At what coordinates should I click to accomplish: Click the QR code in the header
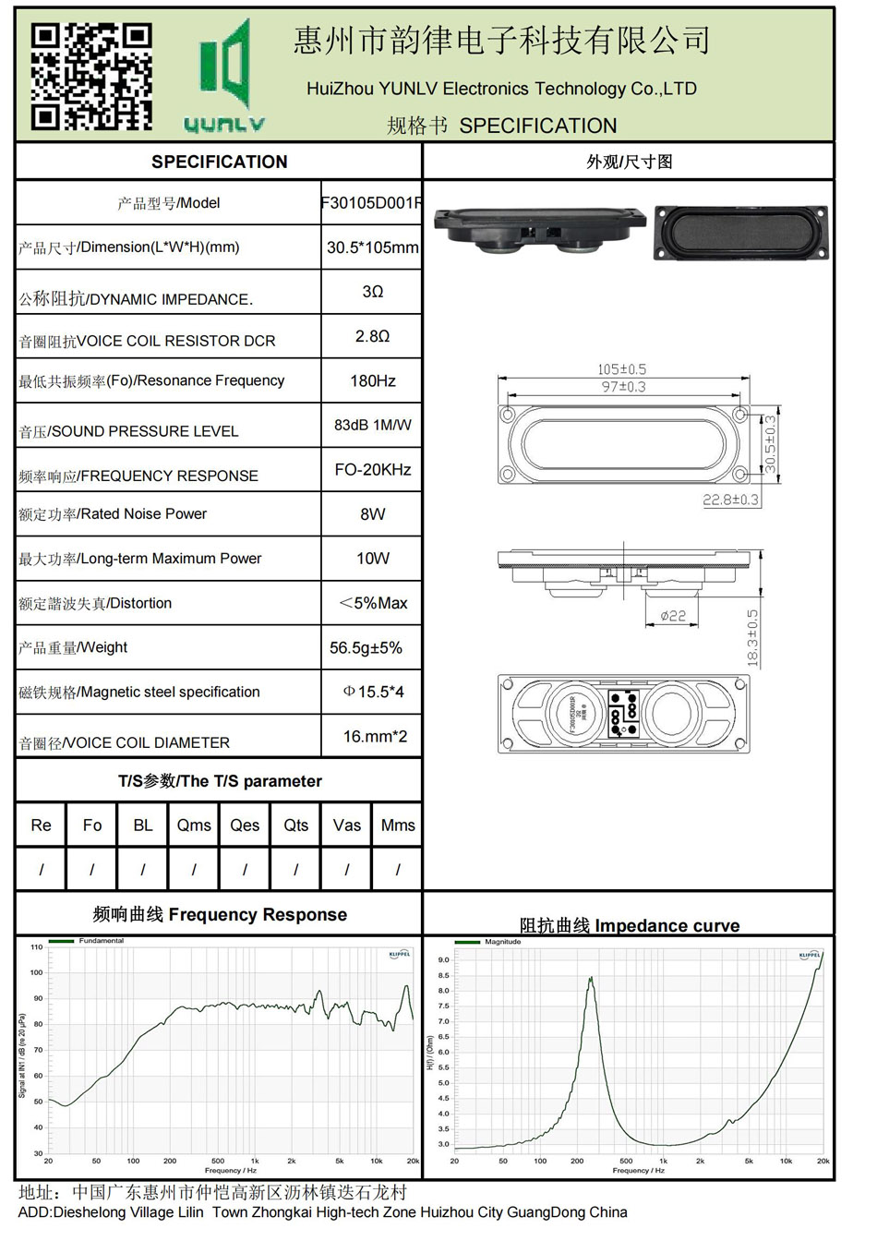(91, 76)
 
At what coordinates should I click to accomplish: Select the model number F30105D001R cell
(371, 203)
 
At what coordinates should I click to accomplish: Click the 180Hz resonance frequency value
(372, 380)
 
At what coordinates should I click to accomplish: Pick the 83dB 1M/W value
(372, 425)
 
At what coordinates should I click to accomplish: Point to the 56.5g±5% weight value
(366, 647)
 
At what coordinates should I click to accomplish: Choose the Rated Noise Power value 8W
(372, 513)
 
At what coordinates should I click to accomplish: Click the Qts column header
(295, 825)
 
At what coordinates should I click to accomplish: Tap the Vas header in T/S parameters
(347, 825)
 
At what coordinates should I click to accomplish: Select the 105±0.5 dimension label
(621, 369)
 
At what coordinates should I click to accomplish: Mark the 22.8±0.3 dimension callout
(730, 500)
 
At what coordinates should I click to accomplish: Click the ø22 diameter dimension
(673, 616)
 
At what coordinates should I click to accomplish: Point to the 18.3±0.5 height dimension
(753, 637)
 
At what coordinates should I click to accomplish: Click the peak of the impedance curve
(590, 979)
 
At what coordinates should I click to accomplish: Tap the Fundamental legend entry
(101, 941)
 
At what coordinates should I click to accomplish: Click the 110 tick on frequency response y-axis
(36, 946)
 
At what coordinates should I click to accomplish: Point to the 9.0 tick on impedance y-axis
(443, 960)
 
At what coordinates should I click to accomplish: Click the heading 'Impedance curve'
(629, 925)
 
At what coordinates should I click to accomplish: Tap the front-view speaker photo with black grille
(741, 232)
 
